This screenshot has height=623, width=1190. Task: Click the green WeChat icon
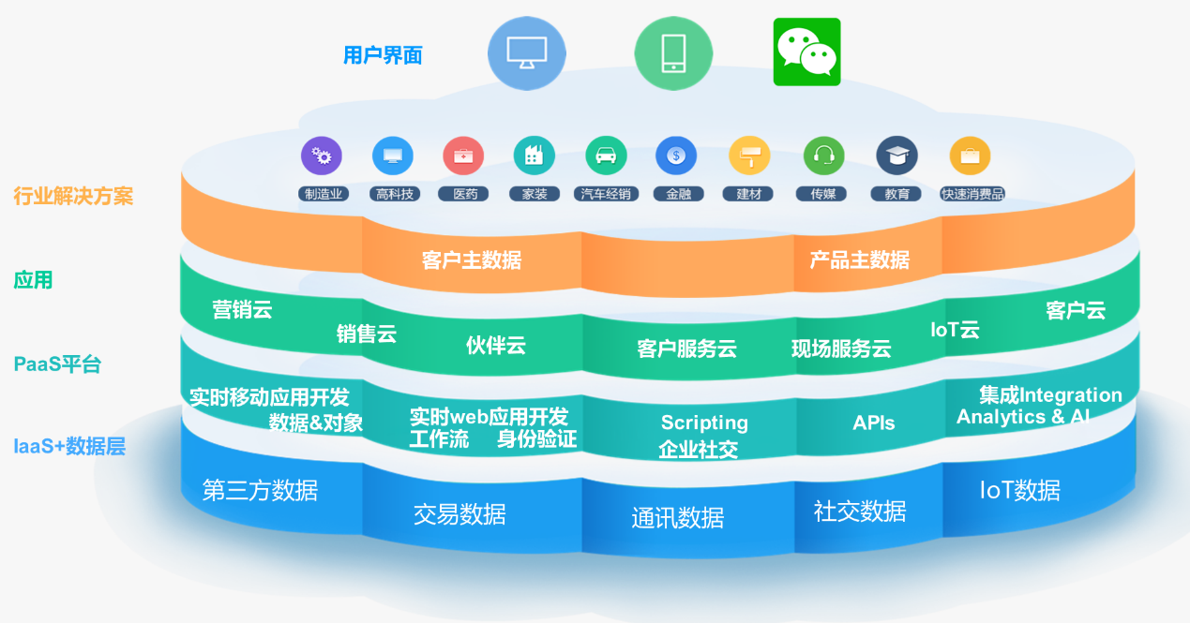pos(806,52)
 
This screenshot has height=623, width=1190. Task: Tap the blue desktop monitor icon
pos(526,53)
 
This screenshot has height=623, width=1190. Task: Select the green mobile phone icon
pos(673,53)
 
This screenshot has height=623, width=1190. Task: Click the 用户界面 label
pos(383,55)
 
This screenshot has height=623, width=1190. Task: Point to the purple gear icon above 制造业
pos(322,156)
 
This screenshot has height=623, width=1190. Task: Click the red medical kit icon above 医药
pos(463,156)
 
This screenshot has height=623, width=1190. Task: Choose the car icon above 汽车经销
pos(606,156)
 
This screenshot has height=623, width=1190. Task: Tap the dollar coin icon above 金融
pos(676,156)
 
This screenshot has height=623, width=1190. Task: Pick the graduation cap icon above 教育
pos(896,156)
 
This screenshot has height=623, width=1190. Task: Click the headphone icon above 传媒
pos(823,156)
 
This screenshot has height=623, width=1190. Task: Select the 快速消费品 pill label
pos(972,194)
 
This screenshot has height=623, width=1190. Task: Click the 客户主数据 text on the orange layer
pos(472,260)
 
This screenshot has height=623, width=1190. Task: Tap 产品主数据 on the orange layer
pos(860,260)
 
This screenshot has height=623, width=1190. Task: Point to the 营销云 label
pos(242,309)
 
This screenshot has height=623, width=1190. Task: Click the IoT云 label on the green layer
pos(955,330)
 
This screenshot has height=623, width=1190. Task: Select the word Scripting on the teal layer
pos(704,423)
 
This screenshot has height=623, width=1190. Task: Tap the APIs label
pos(874,423)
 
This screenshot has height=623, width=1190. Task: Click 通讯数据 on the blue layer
pos(677,518)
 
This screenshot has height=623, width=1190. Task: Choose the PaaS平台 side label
pos(57,364)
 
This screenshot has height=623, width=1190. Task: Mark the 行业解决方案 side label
pos(73,197)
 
